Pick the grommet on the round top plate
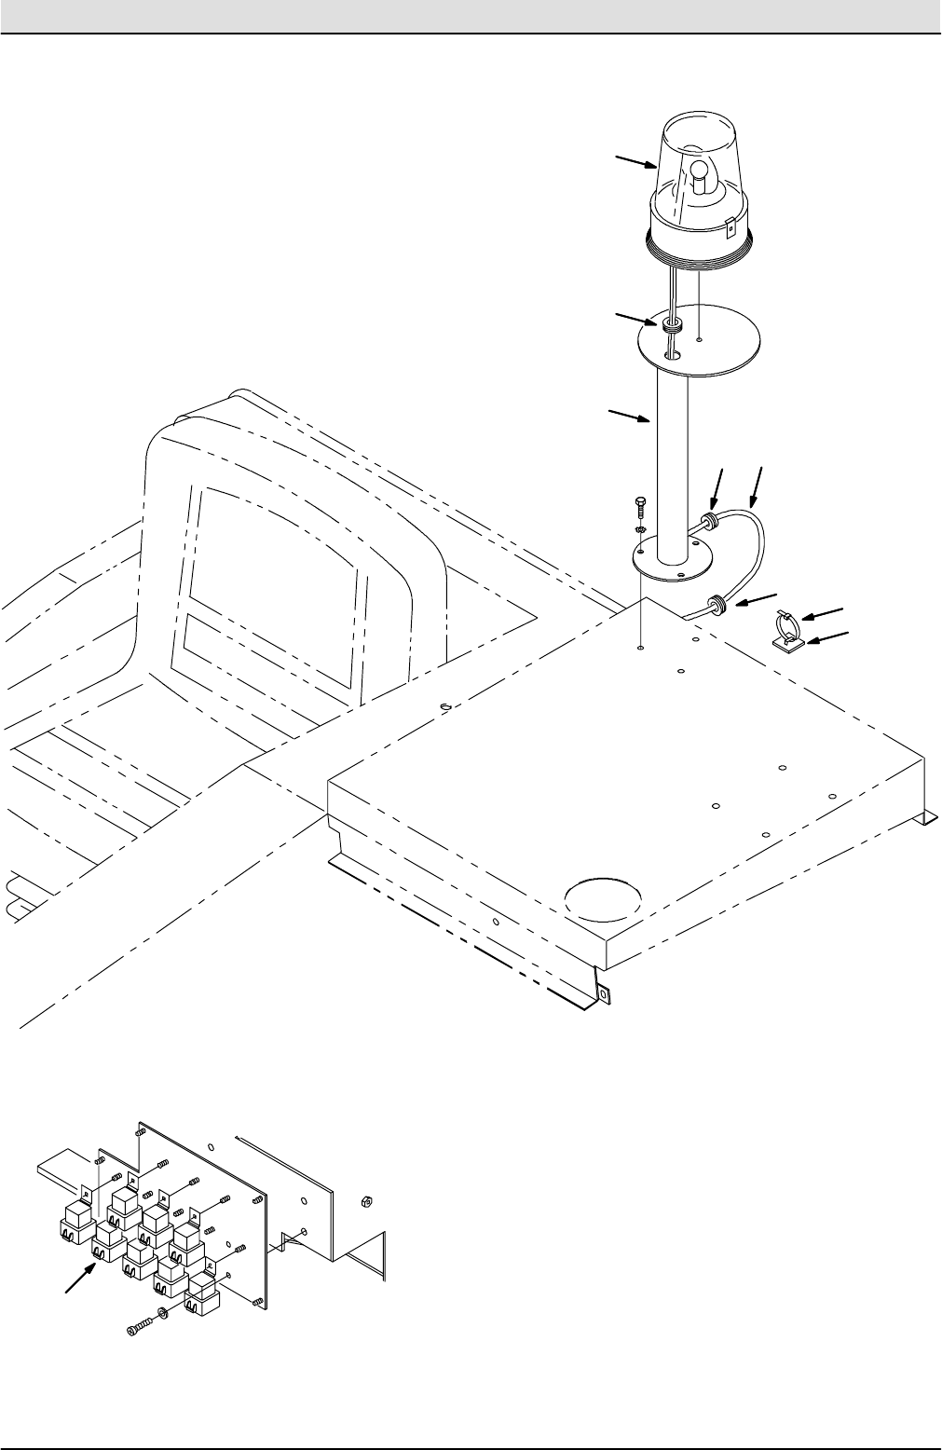pos(672,327)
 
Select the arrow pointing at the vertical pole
pos(628,417)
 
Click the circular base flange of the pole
pos(666,564)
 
